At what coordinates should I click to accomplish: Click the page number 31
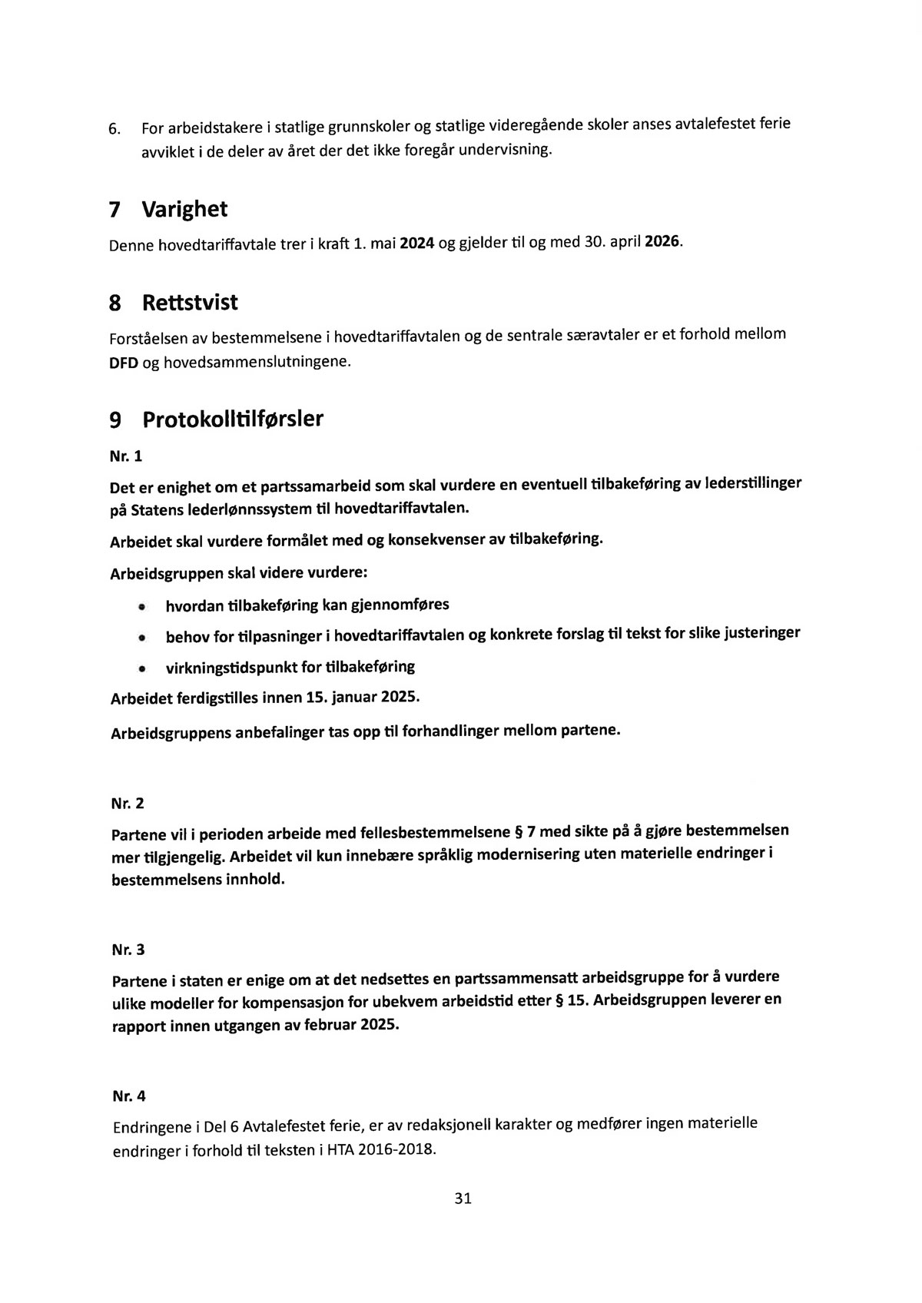[x=463, y=1198]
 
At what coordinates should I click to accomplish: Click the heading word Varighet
[x=184, y=209]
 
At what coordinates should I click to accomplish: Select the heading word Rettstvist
[x=190, y=303]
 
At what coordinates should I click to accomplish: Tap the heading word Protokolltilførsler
[x=233, y=419]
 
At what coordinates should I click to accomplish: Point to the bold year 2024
[x=417, y=244]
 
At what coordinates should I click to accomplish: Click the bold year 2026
[x=662, y=240]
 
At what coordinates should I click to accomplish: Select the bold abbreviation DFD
[x=124, y=362]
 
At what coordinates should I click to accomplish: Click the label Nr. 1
[x=127, y=456]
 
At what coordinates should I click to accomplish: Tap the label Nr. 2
[x=128, y=804]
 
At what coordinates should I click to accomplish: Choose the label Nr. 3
[x=128, y=950]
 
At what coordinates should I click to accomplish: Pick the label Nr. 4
[x=128, y=1096]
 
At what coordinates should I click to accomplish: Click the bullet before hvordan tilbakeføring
[x=142, y=608]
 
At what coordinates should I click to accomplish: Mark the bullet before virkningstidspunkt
[x=142, y=669]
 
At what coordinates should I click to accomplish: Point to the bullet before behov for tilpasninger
[x=142, y=638]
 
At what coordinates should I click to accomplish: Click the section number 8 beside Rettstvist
[x=115, y=303]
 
